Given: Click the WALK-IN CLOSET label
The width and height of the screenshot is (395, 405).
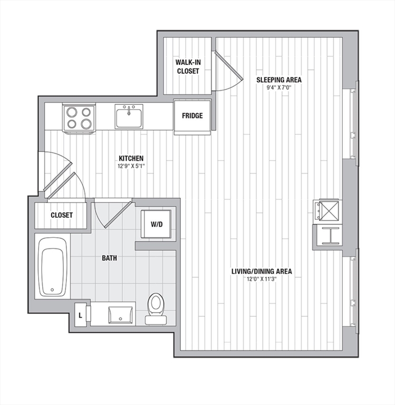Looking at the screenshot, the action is pos(188,66).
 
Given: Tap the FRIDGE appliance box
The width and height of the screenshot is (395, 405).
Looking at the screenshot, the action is pos(192,117).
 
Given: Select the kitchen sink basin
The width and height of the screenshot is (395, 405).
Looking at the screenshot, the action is pos(129,118).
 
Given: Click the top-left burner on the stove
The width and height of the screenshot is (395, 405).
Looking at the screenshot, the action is pos(71,112).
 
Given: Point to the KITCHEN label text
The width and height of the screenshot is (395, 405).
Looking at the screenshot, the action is pos(131,158).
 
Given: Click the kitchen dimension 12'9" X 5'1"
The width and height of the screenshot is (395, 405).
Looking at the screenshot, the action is pos(131,166).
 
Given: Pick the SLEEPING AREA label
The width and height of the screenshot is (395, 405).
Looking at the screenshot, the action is pos(279,80).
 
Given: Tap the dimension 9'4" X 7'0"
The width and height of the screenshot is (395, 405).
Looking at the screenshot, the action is pos(279,88).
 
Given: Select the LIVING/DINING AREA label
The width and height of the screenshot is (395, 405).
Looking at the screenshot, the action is pos(262,271).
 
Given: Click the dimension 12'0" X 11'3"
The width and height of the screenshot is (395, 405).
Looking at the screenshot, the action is pos(262,278).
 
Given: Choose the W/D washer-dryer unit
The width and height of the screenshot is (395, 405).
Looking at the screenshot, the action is pos(156,224).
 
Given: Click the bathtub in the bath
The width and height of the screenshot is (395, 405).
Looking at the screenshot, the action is pos(52,266).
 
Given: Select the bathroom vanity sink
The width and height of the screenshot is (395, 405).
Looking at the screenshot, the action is pos(121,315).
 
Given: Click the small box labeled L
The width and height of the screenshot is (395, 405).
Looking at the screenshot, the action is pos(80,315).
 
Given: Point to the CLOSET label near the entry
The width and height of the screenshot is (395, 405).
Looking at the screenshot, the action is pos(62,215).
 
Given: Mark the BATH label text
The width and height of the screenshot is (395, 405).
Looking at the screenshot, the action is pos(109,258).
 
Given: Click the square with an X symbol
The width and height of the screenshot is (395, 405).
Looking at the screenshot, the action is pos(329,211).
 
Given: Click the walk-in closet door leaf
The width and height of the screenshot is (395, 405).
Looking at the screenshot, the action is pos(228,65).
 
